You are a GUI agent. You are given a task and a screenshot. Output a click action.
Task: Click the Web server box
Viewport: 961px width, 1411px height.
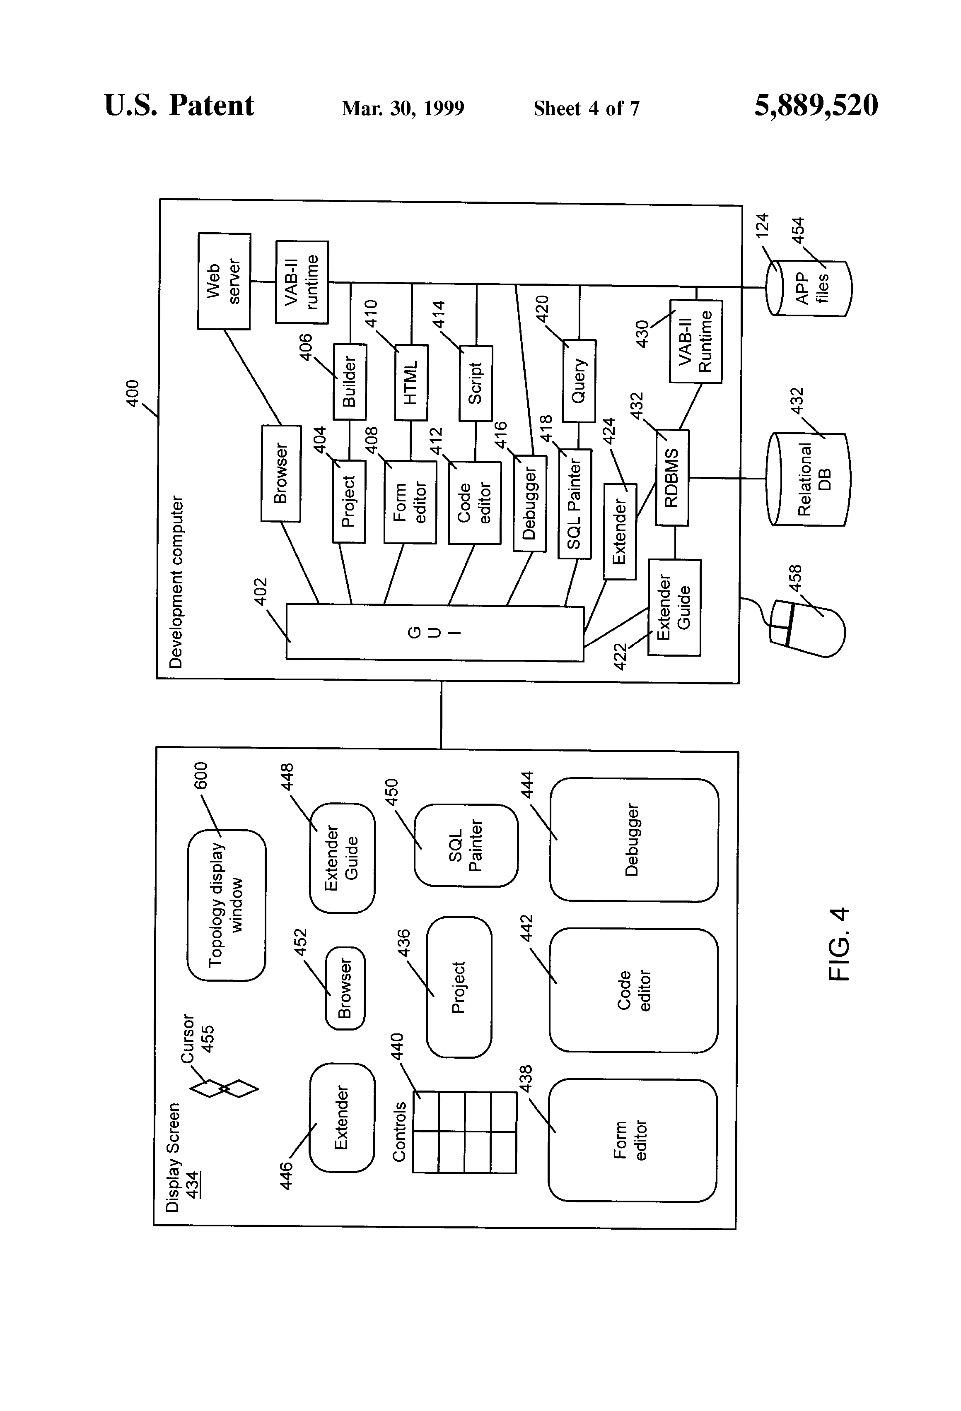pyautogui.click(x=224, y=281)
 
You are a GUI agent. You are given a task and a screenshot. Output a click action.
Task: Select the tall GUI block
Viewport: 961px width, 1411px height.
pyautogui.click(x=435, y=632)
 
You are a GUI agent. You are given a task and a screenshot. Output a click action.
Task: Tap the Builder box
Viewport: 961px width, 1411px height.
pyautogui.click(x=350, y=381)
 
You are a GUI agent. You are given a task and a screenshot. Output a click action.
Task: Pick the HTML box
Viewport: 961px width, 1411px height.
pyautogui.click(x=411, y=382)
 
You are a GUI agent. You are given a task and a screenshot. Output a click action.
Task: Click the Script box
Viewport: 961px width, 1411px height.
pyautogui.click(x=476, y=383)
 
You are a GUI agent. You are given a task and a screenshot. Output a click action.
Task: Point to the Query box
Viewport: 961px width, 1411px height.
pyautogui.click(x=579, y=380)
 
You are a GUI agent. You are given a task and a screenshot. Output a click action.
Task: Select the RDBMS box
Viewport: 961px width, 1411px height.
pyautogui.click(x=672, y=477)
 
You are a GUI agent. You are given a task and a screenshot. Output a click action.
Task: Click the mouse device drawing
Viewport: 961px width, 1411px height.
pyautogui.click(x=807, y=628)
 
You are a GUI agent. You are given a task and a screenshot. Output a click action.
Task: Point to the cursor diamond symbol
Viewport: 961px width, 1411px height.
pyautogui.click(x=224, y=1088)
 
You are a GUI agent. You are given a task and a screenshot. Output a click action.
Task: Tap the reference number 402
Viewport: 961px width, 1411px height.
pyautogui.click(x=260, y=591)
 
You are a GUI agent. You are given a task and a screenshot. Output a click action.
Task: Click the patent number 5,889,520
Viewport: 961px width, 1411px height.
pyautogui.click(x=816, y=106)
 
